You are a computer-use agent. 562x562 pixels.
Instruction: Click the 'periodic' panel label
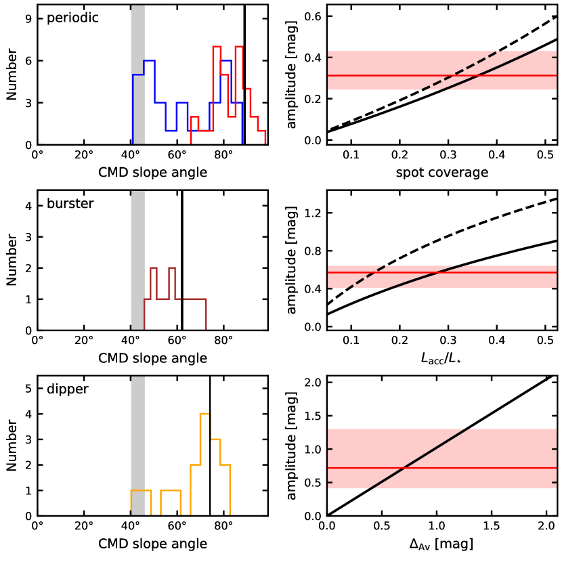[x=72, y=18]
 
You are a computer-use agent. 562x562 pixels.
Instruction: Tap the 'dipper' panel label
[x=67, y=389]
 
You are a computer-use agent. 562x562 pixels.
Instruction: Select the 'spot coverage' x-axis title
[x=442, y=172]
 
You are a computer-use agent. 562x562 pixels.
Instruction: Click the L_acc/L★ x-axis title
[x=442, y=358]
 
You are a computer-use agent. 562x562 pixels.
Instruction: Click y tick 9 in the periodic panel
[x=28, y=19]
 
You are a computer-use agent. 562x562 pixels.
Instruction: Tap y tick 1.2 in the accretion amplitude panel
[x=314, y=213]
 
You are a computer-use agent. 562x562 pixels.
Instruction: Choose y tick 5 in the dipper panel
[x=28, y=389]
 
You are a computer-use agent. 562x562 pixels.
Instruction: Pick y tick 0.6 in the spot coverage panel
[x=314, y=16]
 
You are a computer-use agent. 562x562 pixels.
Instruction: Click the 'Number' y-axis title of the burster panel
[x=12, y=260]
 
